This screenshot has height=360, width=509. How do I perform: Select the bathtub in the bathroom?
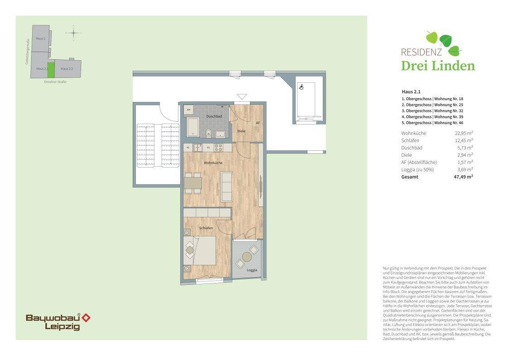pos(192,127)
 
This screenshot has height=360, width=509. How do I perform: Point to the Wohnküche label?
pos(213,163)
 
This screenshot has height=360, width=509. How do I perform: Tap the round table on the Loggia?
pos(247,257)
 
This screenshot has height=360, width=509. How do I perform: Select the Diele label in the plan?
pos(241,131)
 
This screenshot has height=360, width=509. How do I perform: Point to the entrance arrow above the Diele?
pos(242,96)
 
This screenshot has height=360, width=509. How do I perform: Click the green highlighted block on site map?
pos(51,69)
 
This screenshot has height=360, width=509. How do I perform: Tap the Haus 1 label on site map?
pos(41,38)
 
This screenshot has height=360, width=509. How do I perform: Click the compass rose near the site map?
pos(73,33)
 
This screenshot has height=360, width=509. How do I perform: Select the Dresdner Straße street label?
pos(55,82)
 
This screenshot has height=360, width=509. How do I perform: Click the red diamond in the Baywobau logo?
pos(86,318)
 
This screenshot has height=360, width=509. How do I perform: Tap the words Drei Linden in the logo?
pos(438,66)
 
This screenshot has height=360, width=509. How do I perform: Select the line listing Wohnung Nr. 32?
pos(432,110)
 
